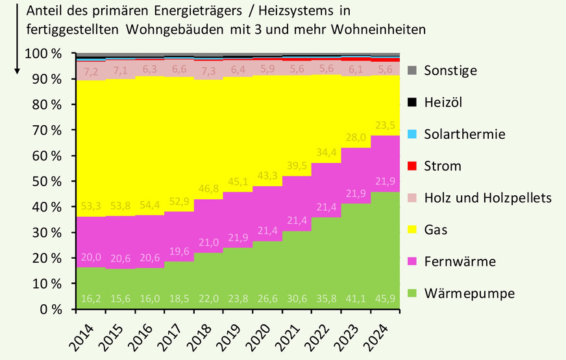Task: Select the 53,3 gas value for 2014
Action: click(x=91, y=207)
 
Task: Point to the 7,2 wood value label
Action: click(x=91, y=69)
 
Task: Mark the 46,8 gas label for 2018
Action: click(x=208, y=189)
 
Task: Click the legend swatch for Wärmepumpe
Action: click(x=412, y=294)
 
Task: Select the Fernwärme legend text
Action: click(x=460, y=261)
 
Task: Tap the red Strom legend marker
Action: click(x=412, y=166)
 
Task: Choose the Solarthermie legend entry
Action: click(x=463, y=134)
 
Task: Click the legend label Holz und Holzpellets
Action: click(x=487, y=198)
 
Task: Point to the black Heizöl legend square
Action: click(x=412, y=102)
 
